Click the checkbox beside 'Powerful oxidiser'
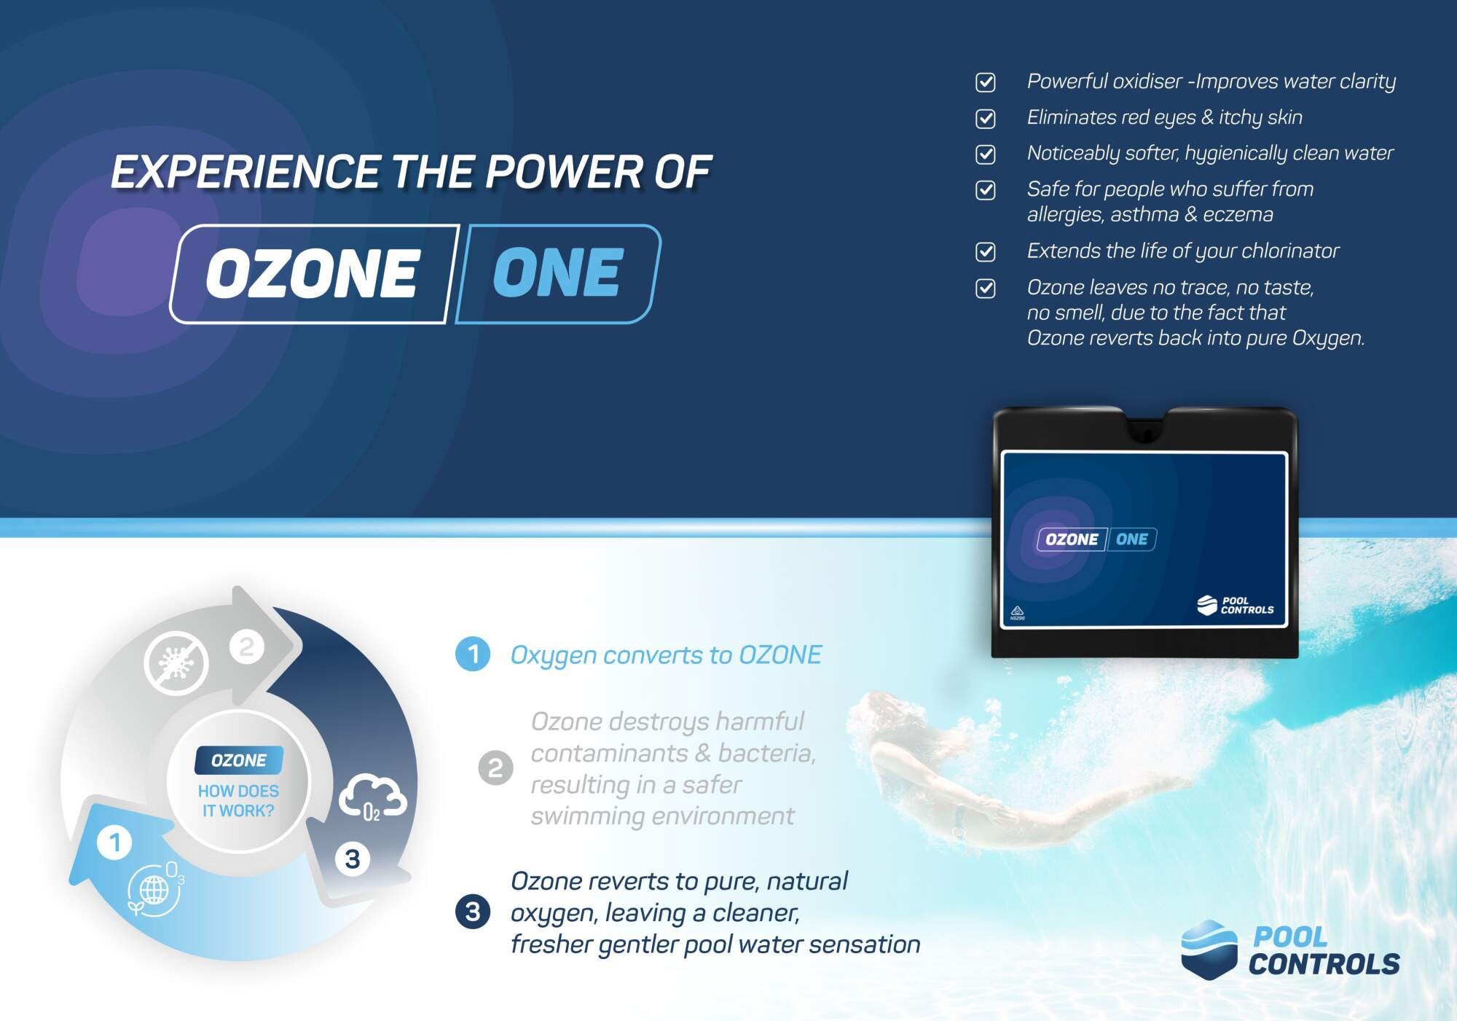(x=985, y=82)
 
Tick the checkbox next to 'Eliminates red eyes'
(x=985, y=118)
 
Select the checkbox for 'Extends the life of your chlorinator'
(x=985, y=251)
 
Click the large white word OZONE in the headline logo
(x=313, y=273)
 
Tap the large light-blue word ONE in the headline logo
(x=558, y=273)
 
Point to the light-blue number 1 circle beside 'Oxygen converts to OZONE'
(x=473, y=654)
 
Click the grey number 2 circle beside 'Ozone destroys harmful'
(x=495, y=768)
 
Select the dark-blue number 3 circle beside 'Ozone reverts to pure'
(x=473, y=912)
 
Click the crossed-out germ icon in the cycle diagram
(x=176, y=663)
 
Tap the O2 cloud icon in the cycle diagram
(x=372, y=797)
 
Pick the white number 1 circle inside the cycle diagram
(x=114, y=842)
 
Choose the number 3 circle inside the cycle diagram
(x=353, y=858)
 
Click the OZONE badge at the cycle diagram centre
(x=239, y=760)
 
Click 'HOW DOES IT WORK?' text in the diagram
(x=238, y=801)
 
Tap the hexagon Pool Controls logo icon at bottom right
(x=1209, y=950)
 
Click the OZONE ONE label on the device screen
(x=1096, y=539)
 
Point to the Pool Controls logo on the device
(x=1236, y=606)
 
